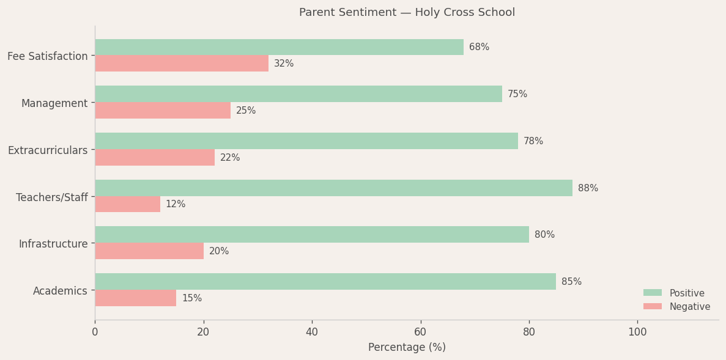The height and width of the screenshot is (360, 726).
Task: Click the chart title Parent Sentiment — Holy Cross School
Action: click(407, 12)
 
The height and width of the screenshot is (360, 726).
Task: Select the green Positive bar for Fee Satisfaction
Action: click(279, 47)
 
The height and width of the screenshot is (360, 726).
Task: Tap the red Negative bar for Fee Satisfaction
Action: click(182, 64)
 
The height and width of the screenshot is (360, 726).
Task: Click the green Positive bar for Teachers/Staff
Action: click(333, 188)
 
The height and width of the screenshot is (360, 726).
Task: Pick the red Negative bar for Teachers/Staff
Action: click(127, 204)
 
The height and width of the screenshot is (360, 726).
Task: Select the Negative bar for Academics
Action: click(135, 298)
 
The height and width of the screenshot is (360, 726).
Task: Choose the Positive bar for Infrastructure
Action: click(312, 235)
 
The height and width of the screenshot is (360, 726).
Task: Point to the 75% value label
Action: click(517, 94)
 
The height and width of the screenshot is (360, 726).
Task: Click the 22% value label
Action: click(230, 158)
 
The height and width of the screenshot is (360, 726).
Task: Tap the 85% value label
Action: click(571, 282)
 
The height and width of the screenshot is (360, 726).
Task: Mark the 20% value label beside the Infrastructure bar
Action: click(219, 251)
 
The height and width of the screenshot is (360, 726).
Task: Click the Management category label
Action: click(54, 103)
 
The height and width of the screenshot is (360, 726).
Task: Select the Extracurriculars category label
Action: click(48, 150)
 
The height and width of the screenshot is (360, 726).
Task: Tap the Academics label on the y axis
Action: click(60, 291)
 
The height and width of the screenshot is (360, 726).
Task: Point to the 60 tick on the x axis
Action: click(420, 332)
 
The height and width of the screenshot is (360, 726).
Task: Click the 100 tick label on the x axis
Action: click(637, 332)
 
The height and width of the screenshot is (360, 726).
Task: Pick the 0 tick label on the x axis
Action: click(95, 332)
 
